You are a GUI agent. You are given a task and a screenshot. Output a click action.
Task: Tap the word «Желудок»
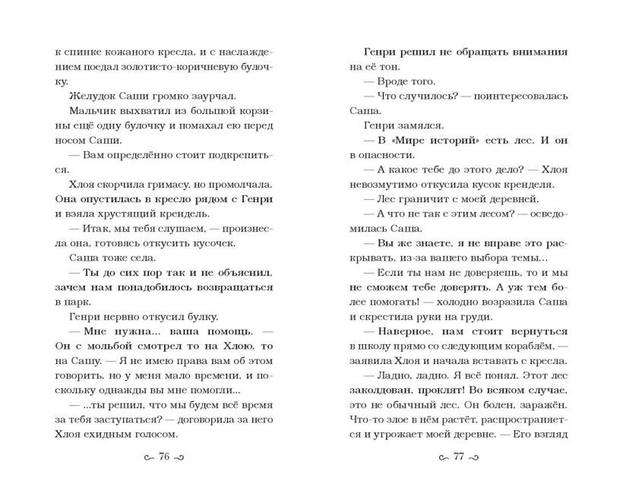(92, 95)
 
